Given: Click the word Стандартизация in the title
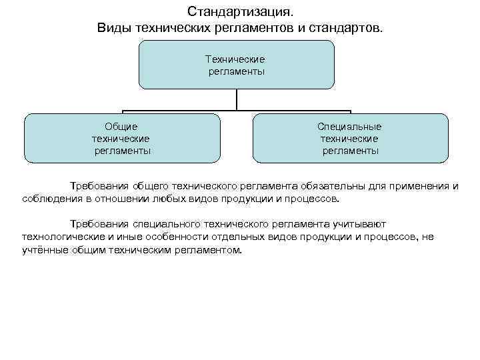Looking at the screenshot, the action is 239,12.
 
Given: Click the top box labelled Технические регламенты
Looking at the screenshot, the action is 236,65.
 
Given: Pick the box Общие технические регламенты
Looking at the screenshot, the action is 121,138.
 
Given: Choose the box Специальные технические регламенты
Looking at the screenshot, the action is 351,138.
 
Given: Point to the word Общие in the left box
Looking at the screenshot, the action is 121,126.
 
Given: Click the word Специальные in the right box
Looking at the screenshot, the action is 350,126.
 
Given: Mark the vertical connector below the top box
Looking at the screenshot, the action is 237,99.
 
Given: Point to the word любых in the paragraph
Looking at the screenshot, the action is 175,199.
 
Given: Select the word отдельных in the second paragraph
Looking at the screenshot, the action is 229,237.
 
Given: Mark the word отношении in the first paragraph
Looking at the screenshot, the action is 133,199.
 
